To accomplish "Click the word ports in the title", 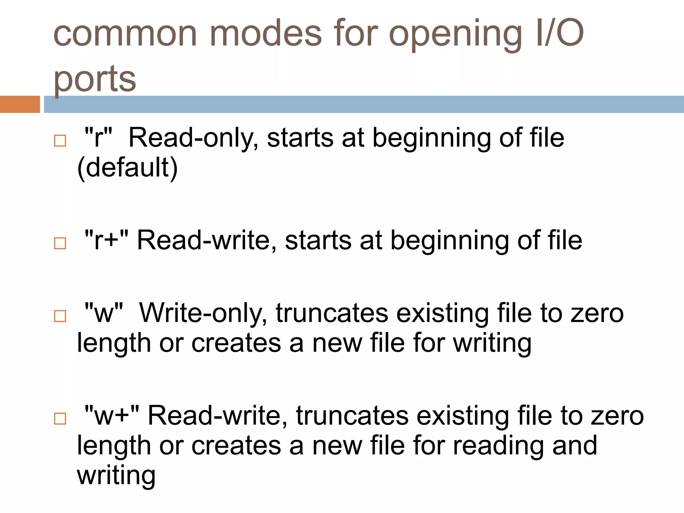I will pyautogui.click(x=95, y=79).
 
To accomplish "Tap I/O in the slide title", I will pyautogui.click(x=559, y=33).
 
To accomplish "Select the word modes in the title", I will pyautogui.click(x=266, y=33).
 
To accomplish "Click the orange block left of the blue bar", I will pyautogui.click(x=20, y=104).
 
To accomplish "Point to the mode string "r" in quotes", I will pyautogui.click(x=98, y=138).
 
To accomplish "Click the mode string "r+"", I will pyautogui.click(x=106, y=240).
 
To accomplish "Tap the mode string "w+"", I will pyautogui.click(x=112, y=416).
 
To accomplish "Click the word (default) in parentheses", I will pyautogui.click(x=127, y=168).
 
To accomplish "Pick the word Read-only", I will pyautogui.click(x=193, y=138).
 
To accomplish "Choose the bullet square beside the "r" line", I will pyautogui.click(x=60, y=141).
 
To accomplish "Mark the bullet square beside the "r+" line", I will pyautogui.click(x=60, y=243).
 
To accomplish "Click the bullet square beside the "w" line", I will pyautogui.click(x=60, y=316).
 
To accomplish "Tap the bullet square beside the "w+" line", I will pyautogui.click(x=60, y=418).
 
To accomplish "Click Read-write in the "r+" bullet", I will pyautogui.click(x=207, y=240).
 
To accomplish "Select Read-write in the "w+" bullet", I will pyautogui.click(x=217, y=416).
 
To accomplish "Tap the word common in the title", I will pyautogui.click(x=125, y=33).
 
